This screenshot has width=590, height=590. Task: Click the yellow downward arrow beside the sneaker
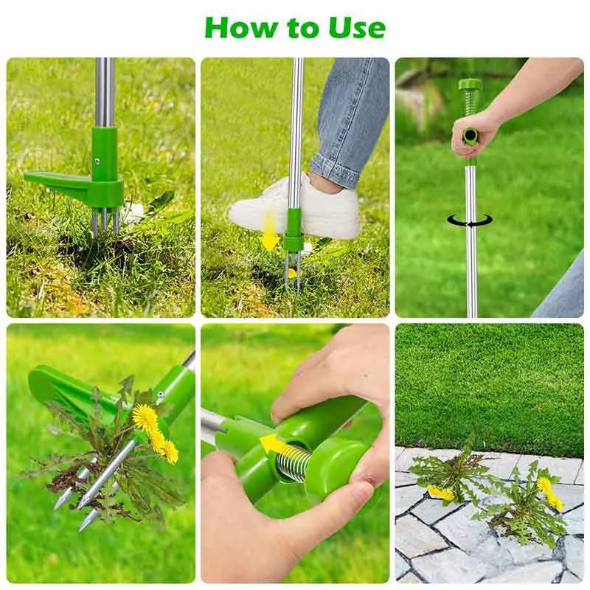270,230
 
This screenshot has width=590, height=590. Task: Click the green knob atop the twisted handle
470,86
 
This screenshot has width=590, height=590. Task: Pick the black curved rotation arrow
470,221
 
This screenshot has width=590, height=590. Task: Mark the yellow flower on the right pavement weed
549,493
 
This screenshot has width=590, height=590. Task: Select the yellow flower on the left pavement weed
440,493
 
